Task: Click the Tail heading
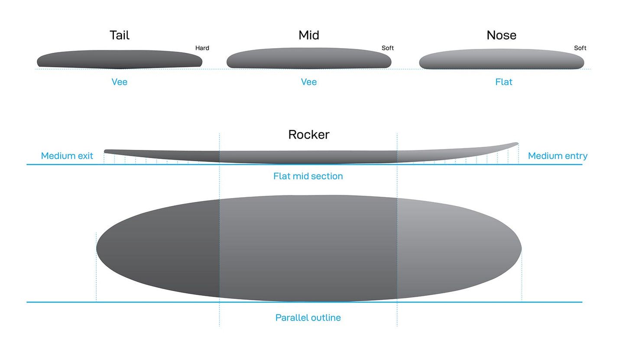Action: (119, 35)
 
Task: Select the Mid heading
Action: (308, 35)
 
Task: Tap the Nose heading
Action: (501, 35)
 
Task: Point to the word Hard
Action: (202, 48)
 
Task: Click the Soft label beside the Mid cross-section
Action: (387, 48)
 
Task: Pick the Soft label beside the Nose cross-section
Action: (580, 48)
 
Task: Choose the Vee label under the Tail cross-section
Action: (119, 82)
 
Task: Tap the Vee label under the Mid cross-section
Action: (308, 82)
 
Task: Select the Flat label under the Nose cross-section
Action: (503, 82)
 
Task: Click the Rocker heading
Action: (308, 134)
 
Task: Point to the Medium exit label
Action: (67, 156)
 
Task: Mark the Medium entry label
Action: (558, 156)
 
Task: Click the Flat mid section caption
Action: (308, 176)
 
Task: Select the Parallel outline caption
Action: (308, 318)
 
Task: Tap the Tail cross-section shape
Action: (119, 59)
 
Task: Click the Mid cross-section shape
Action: (308, 58)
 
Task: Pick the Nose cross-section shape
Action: (501, 59)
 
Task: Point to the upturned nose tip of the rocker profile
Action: (516, 144)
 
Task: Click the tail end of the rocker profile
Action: (106, 151)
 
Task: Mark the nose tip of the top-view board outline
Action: (520, 249)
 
